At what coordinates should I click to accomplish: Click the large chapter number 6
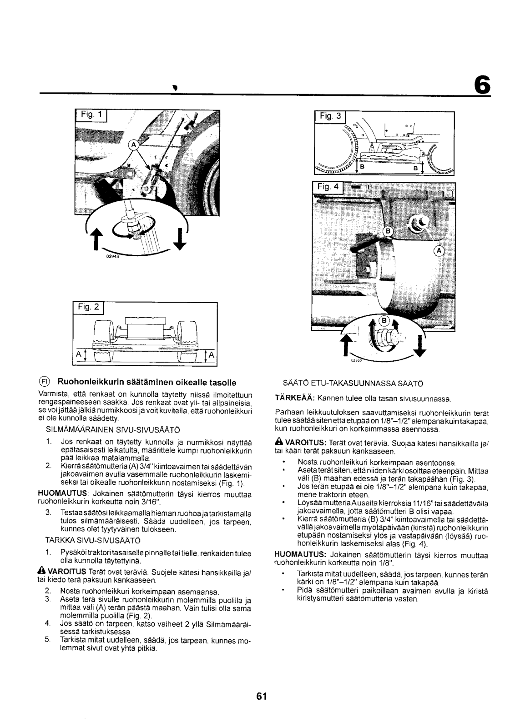click(x=483, y=85)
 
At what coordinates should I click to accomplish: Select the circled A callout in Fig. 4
click(x=439, y=250)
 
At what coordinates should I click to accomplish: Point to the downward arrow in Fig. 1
click(x=181, y=238)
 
